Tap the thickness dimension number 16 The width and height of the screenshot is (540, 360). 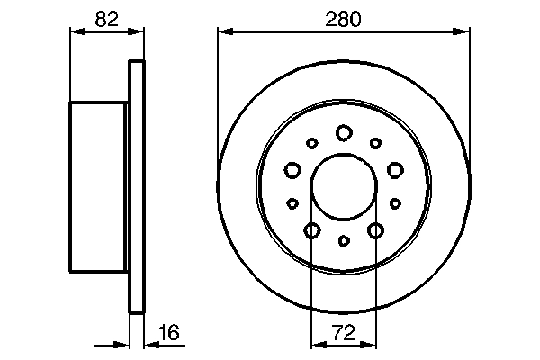168,332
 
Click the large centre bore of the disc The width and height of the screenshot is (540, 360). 344,185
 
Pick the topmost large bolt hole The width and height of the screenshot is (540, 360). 344,133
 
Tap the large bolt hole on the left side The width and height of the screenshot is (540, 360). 292,169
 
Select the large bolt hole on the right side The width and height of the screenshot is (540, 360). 395,169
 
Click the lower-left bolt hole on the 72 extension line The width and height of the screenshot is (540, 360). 311,231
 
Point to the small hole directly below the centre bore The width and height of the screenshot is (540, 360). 344,240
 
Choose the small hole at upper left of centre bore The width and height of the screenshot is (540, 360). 312,142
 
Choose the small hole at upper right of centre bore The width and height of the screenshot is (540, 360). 375,142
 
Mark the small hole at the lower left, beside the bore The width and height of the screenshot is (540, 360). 292,203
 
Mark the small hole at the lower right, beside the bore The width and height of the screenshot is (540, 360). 395,203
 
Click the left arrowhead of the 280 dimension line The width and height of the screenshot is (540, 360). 222,31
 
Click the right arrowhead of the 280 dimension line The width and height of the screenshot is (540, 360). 465,31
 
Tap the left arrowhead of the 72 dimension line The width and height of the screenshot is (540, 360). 316,343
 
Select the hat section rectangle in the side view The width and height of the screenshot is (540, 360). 98,186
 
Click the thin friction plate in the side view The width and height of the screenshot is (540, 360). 137,186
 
